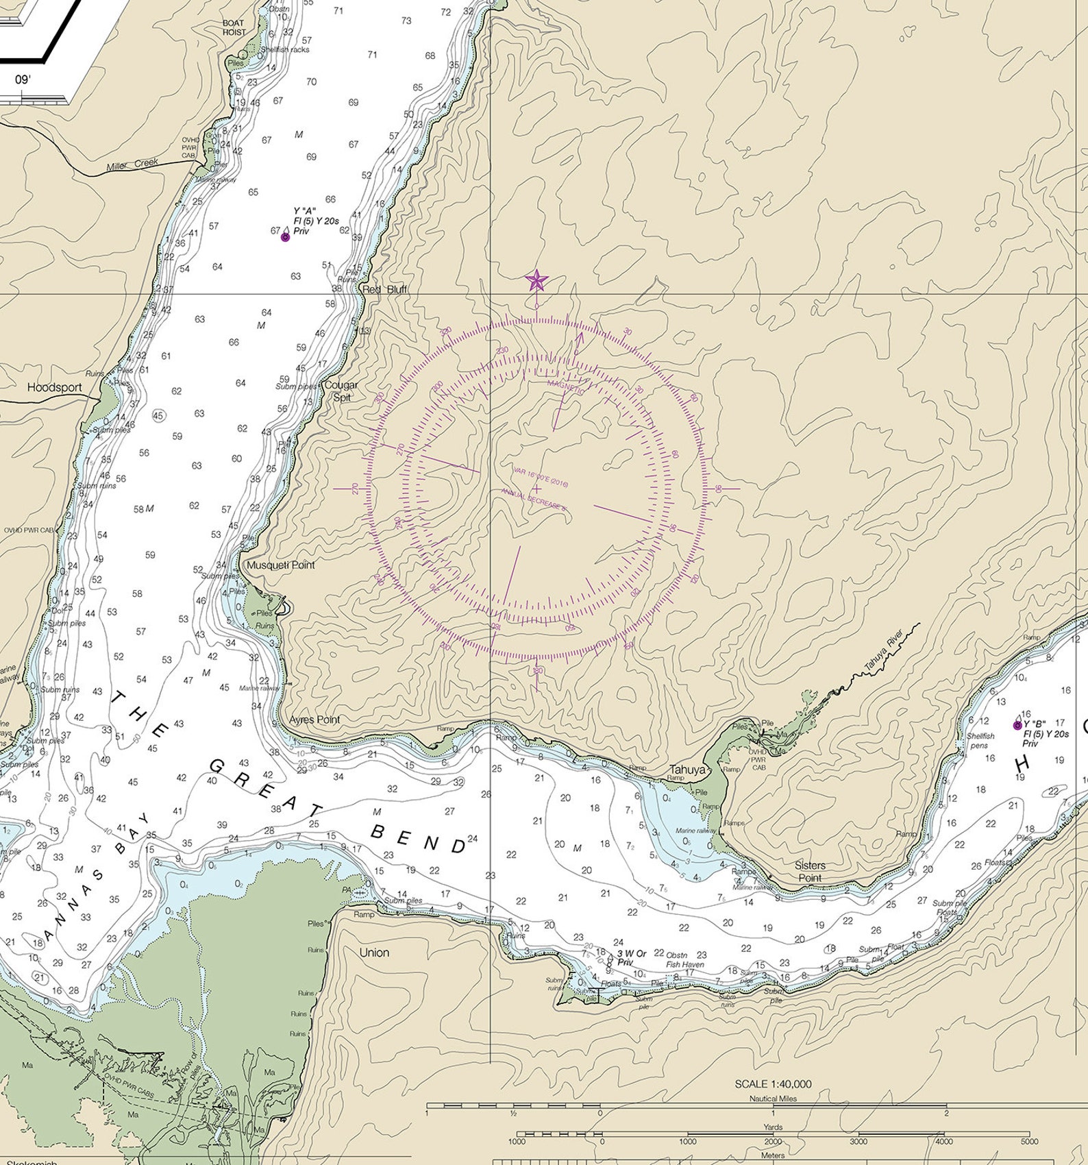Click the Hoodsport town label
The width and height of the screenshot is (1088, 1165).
tap(55, 387)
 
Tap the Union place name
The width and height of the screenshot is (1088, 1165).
tap(374, 953)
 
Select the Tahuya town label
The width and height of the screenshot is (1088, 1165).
tap(687, 770)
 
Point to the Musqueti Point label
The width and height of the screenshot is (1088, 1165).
tap(281, 565)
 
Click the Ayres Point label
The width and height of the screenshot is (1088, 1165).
tap(314, 720)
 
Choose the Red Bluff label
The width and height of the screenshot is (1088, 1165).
tap(384, 289)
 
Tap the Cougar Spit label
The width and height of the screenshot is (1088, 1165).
tap(341, 391)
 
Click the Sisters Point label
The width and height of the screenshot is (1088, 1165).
tap(810, 871)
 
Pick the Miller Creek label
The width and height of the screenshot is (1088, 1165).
tap(132, 165)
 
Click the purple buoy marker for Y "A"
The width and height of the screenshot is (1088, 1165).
tap(285, 237)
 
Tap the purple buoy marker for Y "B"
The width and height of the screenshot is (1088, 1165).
tap(1017, 725)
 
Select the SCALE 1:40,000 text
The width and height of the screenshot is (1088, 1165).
tap(773, 1084)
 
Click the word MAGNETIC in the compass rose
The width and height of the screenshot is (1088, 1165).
tap(566, 387)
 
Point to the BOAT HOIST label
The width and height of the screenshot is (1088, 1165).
tap(234, 27)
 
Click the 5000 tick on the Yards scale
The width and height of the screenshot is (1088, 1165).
tap(1028, 1141)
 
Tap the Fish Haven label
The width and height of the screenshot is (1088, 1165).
tap(684, 964)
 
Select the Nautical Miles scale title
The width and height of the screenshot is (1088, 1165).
tap(773, 1098)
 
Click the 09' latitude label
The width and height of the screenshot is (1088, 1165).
tap(23, 79)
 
